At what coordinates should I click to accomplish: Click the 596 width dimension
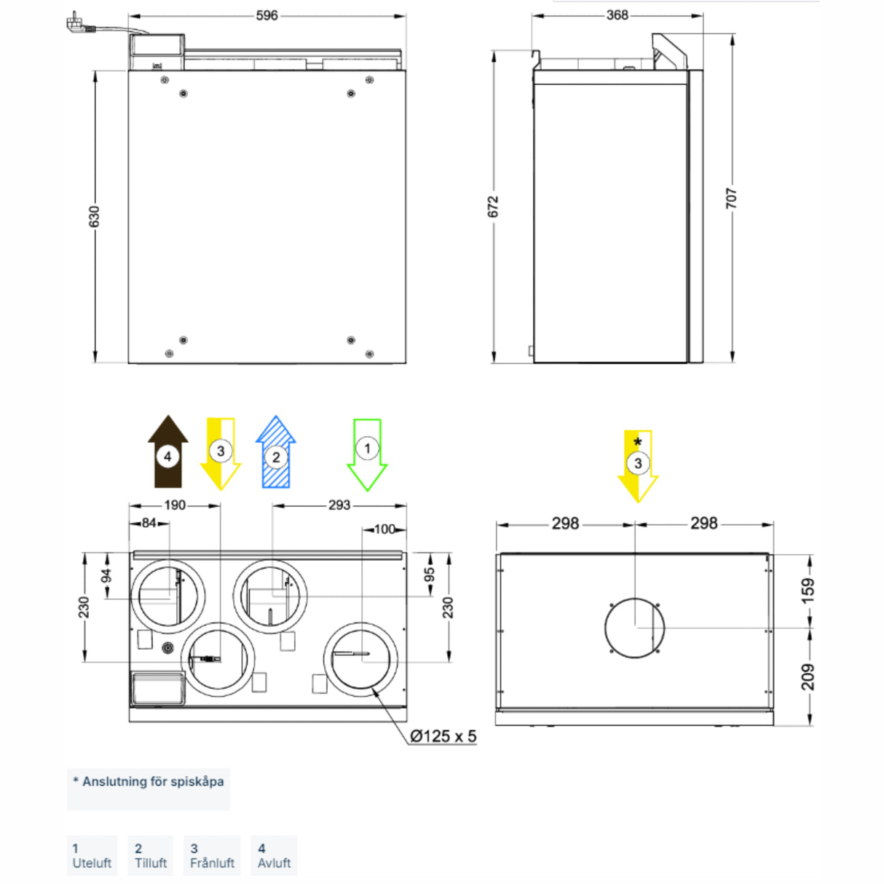[267, 15]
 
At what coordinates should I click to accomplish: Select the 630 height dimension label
[95, 216]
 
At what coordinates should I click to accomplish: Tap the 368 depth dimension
[617, 15]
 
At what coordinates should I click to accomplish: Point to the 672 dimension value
[494, 206]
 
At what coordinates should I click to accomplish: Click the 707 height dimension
[732, 198]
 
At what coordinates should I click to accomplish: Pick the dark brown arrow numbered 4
[168, 453]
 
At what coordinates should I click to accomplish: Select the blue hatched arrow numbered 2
[275, 454]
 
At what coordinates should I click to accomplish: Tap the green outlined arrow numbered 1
[367, 454]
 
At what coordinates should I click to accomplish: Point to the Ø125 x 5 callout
[443, 736]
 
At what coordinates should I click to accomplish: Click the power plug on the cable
[76, 25]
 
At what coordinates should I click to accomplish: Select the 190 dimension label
[175, 505]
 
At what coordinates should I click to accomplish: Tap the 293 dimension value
[339, 505]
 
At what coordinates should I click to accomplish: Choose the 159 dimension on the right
[808, 590]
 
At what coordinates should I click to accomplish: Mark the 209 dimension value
[808, 676]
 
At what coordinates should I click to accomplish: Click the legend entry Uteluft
[92, 856]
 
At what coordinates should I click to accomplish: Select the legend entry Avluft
[274, 856]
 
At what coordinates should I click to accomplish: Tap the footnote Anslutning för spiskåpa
[149, 782]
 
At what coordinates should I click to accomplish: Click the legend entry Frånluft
[212, 856]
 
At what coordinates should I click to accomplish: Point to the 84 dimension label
[149, 523]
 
